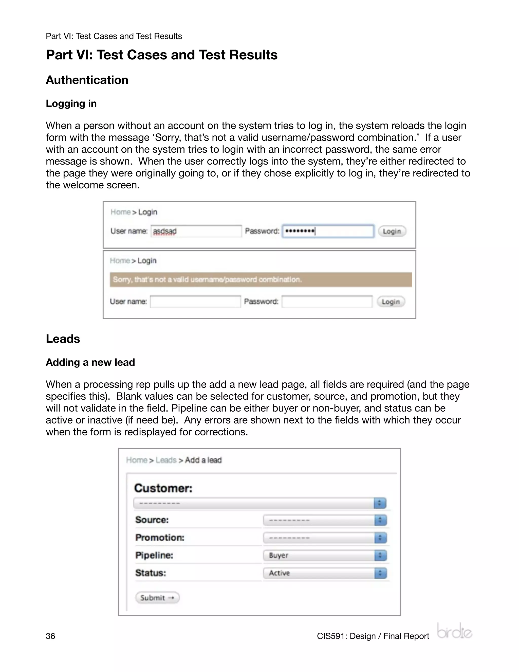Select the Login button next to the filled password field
pos(392,231)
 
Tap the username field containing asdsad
pos(196,231)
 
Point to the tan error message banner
pos(261,279)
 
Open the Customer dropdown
pos(260,503)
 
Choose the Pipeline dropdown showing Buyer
pos(325,555)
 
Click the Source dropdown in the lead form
pos(325,520)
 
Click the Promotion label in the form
pos(160,538)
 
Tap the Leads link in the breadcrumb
pos(166,460)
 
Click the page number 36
pos(50,636)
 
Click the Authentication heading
pos(87,80)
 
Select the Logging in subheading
pos(71,103)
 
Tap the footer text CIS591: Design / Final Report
pos(373,636)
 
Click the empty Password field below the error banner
pos(327,302)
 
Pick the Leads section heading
pos(63,339)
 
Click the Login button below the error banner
pos(391,302)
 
